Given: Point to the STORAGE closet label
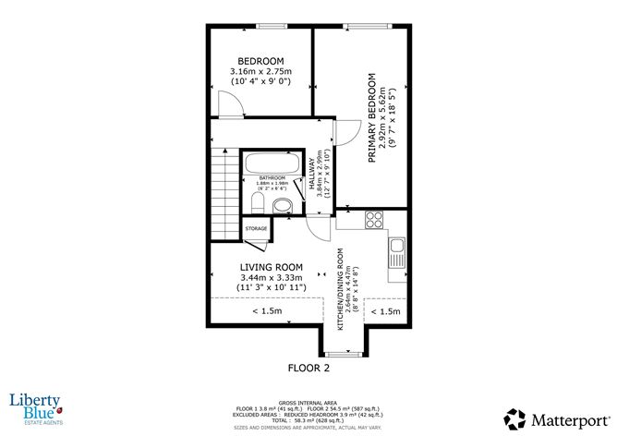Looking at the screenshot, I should pyautogui.click(x=256, y=228).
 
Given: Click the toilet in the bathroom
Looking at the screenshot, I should pyautogui.click(x=258, y=202).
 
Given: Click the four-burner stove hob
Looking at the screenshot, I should pyautogui.click(x=374, y=220).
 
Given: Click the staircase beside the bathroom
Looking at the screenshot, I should pyautogui.click(x=224, y=189).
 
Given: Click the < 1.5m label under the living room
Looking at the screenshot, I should pyautogui.click(x=267, y=312).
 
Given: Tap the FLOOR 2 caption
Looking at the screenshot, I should pyautogui.click(x=307, y=367).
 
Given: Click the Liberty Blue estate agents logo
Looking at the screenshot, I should pyautogui.click(x=35, y=406).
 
